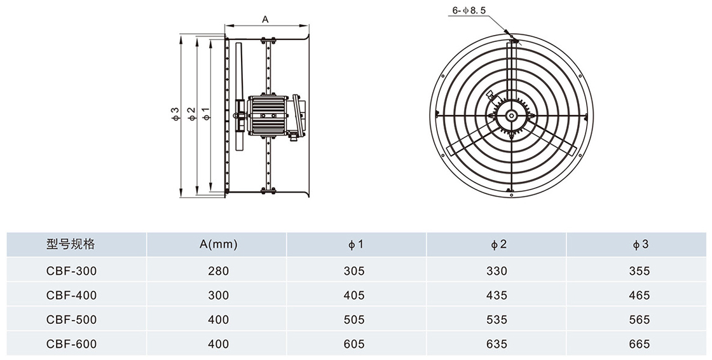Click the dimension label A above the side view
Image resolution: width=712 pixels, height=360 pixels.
click(266, 19)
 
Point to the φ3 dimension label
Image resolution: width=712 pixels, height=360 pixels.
click(175, 114)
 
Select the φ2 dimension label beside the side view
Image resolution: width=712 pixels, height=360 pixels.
click(190, 114)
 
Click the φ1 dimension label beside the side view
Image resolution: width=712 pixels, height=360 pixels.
click(205, 114)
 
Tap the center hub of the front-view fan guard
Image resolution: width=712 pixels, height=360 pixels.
click(511, 115)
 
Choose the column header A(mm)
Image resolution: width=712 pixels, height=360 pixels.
click(217, 244)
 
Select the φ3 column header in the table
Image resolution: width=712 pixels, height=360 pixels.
click(640, 244)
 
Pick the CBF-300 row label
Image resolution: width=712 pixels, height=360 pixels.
click(71, 271)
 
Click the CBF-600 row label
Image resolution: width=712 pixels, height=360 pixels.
click(71, 344)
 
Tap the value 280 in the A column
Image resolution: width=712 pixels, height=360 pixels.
click(217, 271)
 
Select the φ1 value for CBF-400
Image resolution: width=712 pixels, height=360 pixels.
click(354, 295)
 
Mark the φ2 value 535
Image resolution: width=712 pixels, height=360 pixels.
click(496, 319)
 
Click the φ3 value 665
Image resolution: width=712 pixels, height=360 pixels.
click(639, 344)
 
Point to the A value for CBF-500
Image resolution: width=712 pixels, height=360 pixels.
click(217, 319)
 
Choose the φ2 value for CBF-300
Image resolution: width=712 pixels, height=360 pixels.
click(496, 271)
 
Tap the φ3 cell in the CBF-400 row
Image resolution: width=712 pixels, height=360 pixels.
click(639, 295)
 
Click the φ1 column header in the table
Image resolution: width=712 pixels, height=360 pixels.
click(355, 244)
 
